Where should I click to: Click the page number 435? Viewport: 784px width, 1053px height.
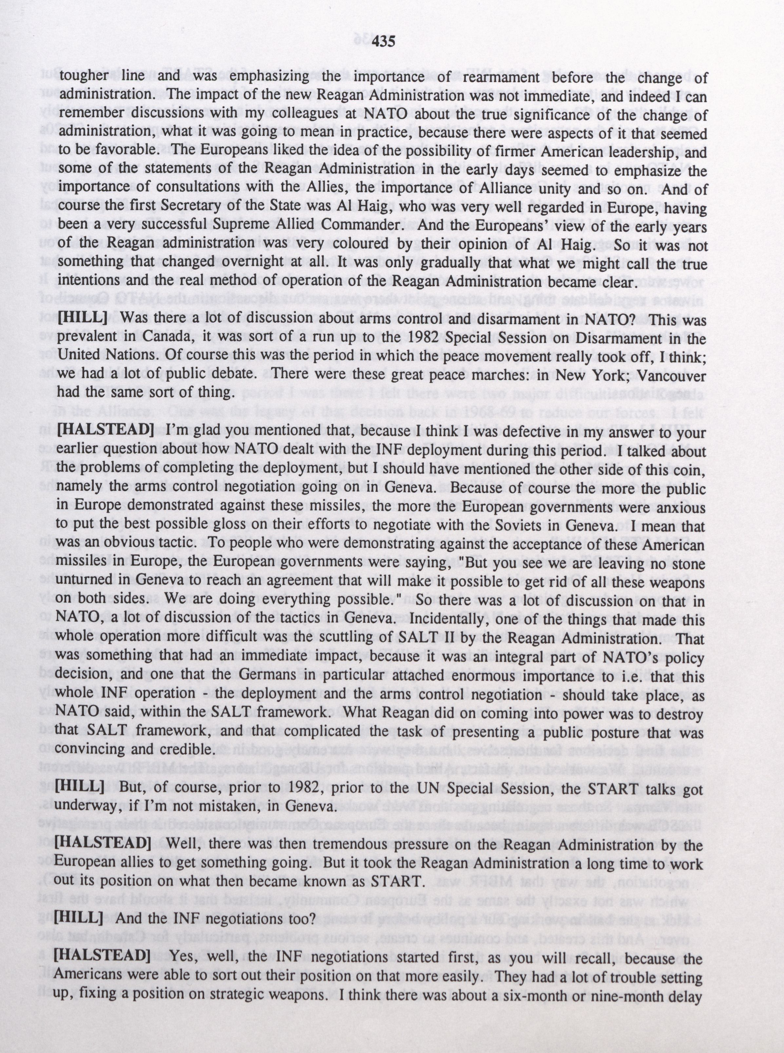[x=384, y=42]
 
